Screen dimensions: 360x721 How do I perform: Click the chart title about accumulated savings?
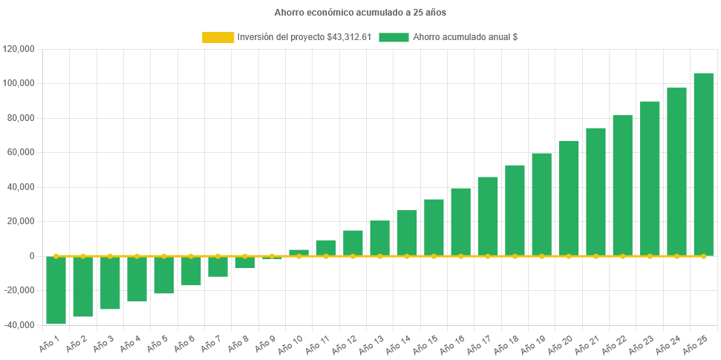360,13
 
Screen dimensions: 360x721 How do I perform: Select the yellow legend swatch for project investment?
217,37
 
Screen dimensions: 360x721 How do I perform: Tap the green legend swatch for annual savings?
393,37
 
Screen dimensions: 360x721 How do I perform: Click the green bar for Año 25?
703,163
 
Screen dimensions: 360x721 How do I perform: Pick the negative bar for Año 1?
56,290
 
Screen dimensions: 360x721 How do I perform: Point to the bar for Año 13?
379,238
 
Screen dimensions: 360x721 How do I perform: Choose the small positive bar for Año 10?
298,252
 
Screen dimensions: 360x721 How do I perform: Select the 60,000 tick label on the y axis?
22,152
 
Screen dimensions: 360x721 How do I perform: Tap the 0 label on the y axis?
32,256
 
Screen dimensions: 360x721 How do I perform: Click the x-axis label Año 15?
424,344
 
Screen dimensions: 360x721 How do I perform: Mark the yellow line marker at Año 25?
703,256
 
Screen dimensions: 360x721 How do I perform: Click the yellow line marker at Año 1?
56,256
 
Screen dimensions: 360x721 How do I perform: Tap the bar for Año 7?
218,266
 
